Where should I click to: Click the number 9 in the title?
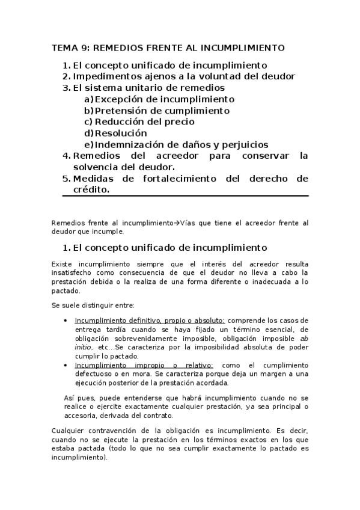82,48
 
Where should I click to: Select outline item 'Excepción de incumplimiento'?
165,99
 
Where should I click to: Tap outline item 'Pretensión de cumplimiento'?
162,111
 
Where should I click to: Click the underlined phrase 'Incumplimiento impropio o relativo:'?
144,365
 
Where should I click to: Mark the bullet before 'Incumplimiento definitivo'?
66,321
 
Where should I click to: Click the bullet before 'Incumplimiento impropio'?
66,365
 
